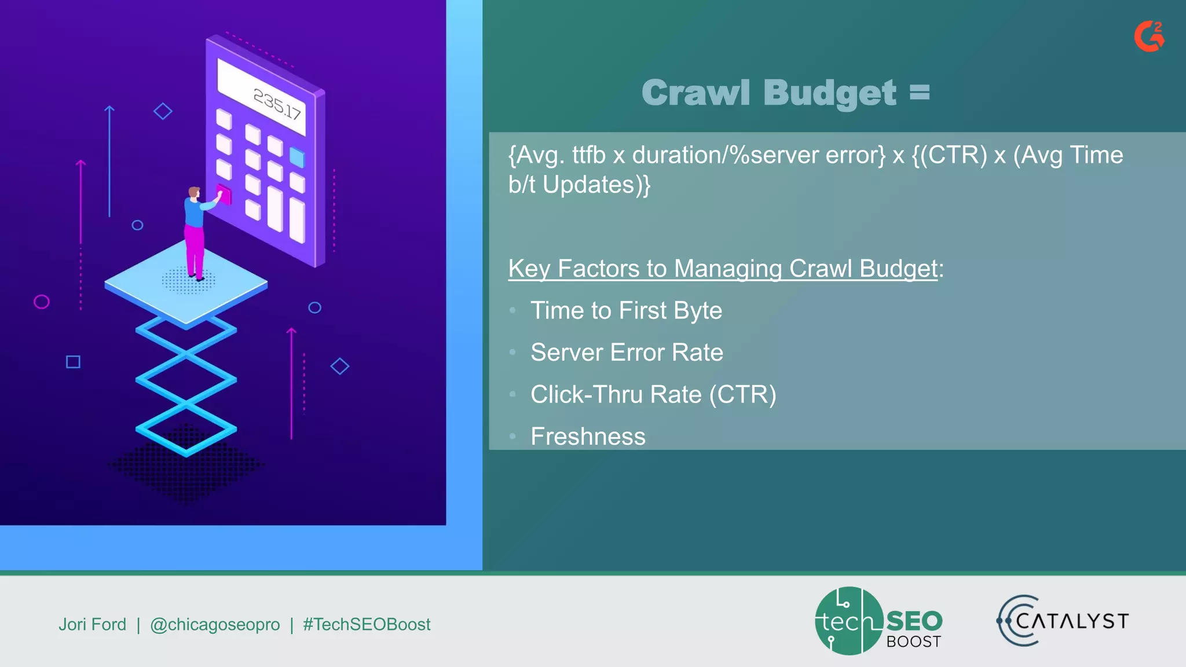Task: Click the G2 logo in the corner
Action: click(x=1149, y=36)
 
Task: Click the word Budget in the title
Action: click(x=829, y=93)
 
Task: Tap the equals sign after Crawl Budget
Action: click(x=919, y=92)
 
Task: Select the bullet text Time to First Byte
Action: click(x=626, y=311)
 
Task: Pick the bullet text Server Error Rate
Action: click(x=627, y=353)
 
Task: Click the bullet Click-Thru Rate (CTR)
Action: click(x=653, y=395)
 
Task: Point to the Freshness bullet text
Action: click(x=588, y=437)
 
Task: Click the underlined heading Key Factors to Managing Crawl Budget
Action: click(x=723, y=269)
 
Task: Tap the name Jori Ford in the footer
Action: click(x=92, y=624)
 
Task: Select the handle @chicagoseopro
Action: click(x=215, y=624)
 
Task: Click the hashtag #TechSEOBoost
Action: click(x=367, y=624)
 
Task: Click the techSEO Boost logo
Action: click(x=878, y=621)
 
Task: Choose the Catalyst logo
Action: click(x=1063, y=621)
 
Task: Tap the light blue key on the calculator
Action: click(x=297, y=157)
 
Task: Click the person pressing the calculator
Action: click(x=196, y=232)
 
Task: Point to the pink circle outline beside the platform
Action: click(x=42, y=302)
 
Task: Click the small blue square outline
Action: click(x=73, y=362)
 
